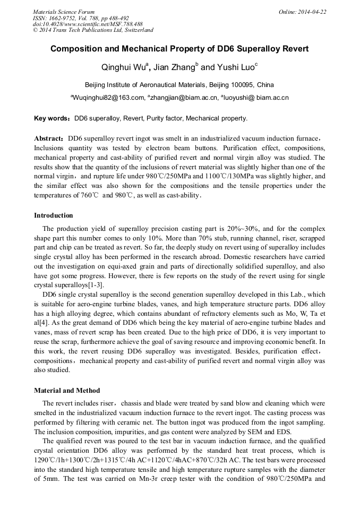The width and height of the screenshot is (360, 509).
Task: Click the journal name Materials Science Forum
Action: (64, 12)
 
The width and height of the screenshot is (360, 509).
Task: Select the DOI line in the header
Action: (88, 24)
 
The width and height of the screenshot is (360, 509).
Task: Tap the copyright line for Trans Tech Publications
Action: (93, 31)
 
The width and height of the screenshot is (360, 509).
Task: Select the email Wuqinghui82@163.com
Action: (108, 98)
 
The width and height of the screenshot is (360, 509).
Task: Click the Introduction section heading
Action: (54, 215)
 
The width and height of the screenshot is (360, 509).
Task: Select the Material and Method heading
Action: (67, 391)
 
